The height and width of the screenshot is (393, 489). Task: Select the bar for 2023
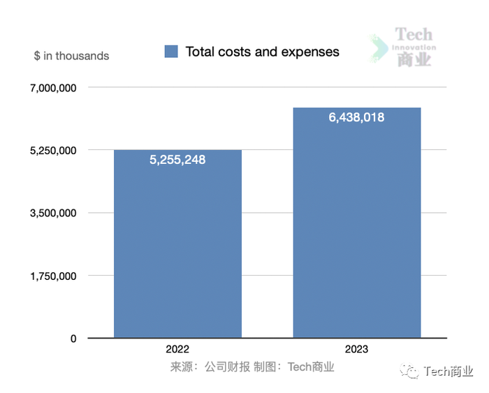356,230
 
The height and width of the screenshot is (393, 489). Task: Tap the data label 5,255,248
177,160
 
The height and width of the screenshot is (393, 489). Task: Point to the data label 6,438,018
356,117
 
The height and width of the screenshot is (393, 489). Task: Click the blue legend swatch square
171,52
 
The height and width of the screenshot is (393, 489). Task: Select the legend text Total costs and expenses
262,52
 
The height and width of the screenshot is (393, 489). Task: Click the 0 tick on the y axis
73,339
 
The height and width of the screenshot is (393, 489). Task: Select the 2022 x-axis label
177,349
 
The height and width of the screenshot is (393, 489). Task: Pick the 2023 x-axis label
356,349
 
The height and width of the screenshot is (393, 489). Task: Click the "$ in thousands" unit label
71,56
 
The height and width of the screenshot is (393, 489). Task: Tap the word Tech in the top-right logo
414,34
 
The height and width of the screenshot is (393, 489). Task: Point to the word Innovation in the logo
414,47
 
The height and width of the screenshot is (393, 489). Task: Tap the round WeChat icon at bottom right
413,372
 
